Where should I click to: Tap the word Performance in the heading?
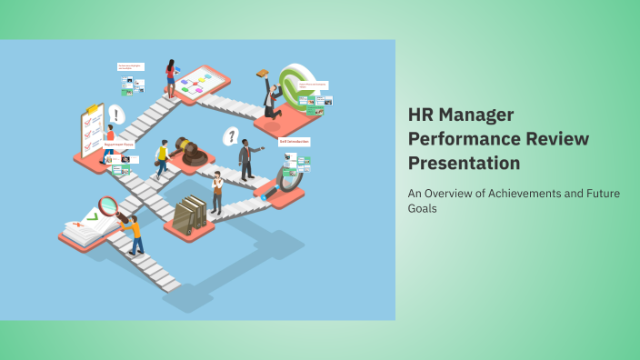(463, 139)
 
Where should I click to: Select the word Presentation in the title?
(464, 164)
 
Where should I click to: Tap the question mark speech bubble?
(232, 136)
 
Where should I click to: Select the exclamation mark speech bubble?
(116, 115)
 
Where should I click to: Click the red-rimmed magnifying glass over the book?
(109, 206)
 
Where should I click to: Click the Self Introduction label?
(294, 142)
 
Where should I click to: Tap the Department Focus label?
(120, 144)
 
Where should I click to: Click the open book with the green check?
(86, 227)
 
